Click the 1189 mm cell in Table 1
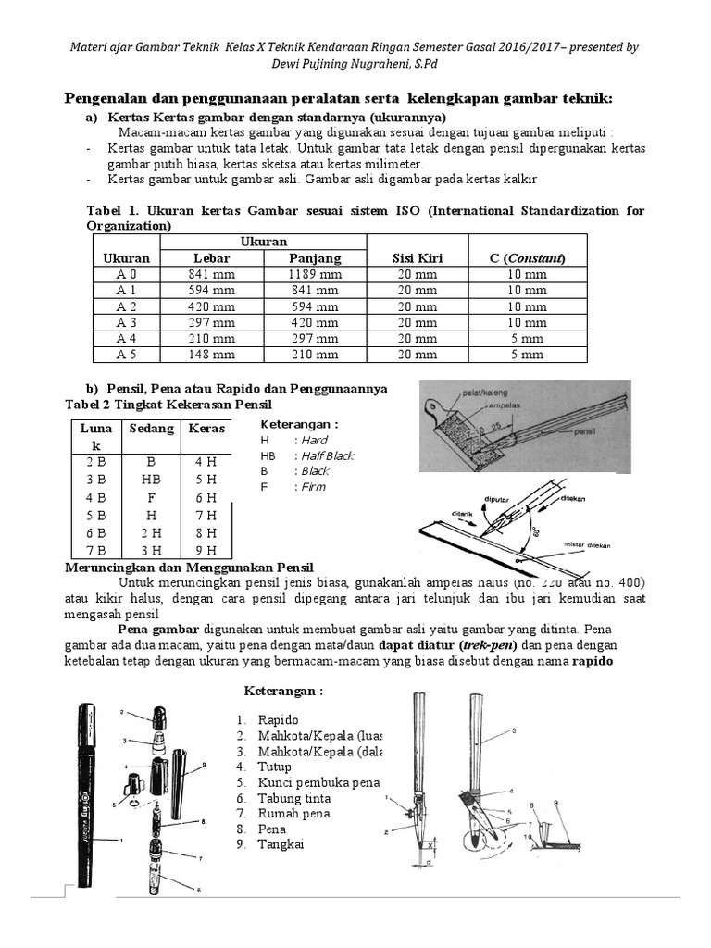(x=315, y=274)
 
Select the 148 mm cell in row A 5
(x=211, y=354)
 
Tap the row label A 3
(x=126, y=322)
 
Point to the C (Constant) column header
(x=528, y=258)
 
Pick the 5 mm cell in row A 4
(x=528, y=338)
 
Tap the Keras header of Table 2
(x=206, y=429)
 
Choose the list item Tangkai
(x=281, y=844)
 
